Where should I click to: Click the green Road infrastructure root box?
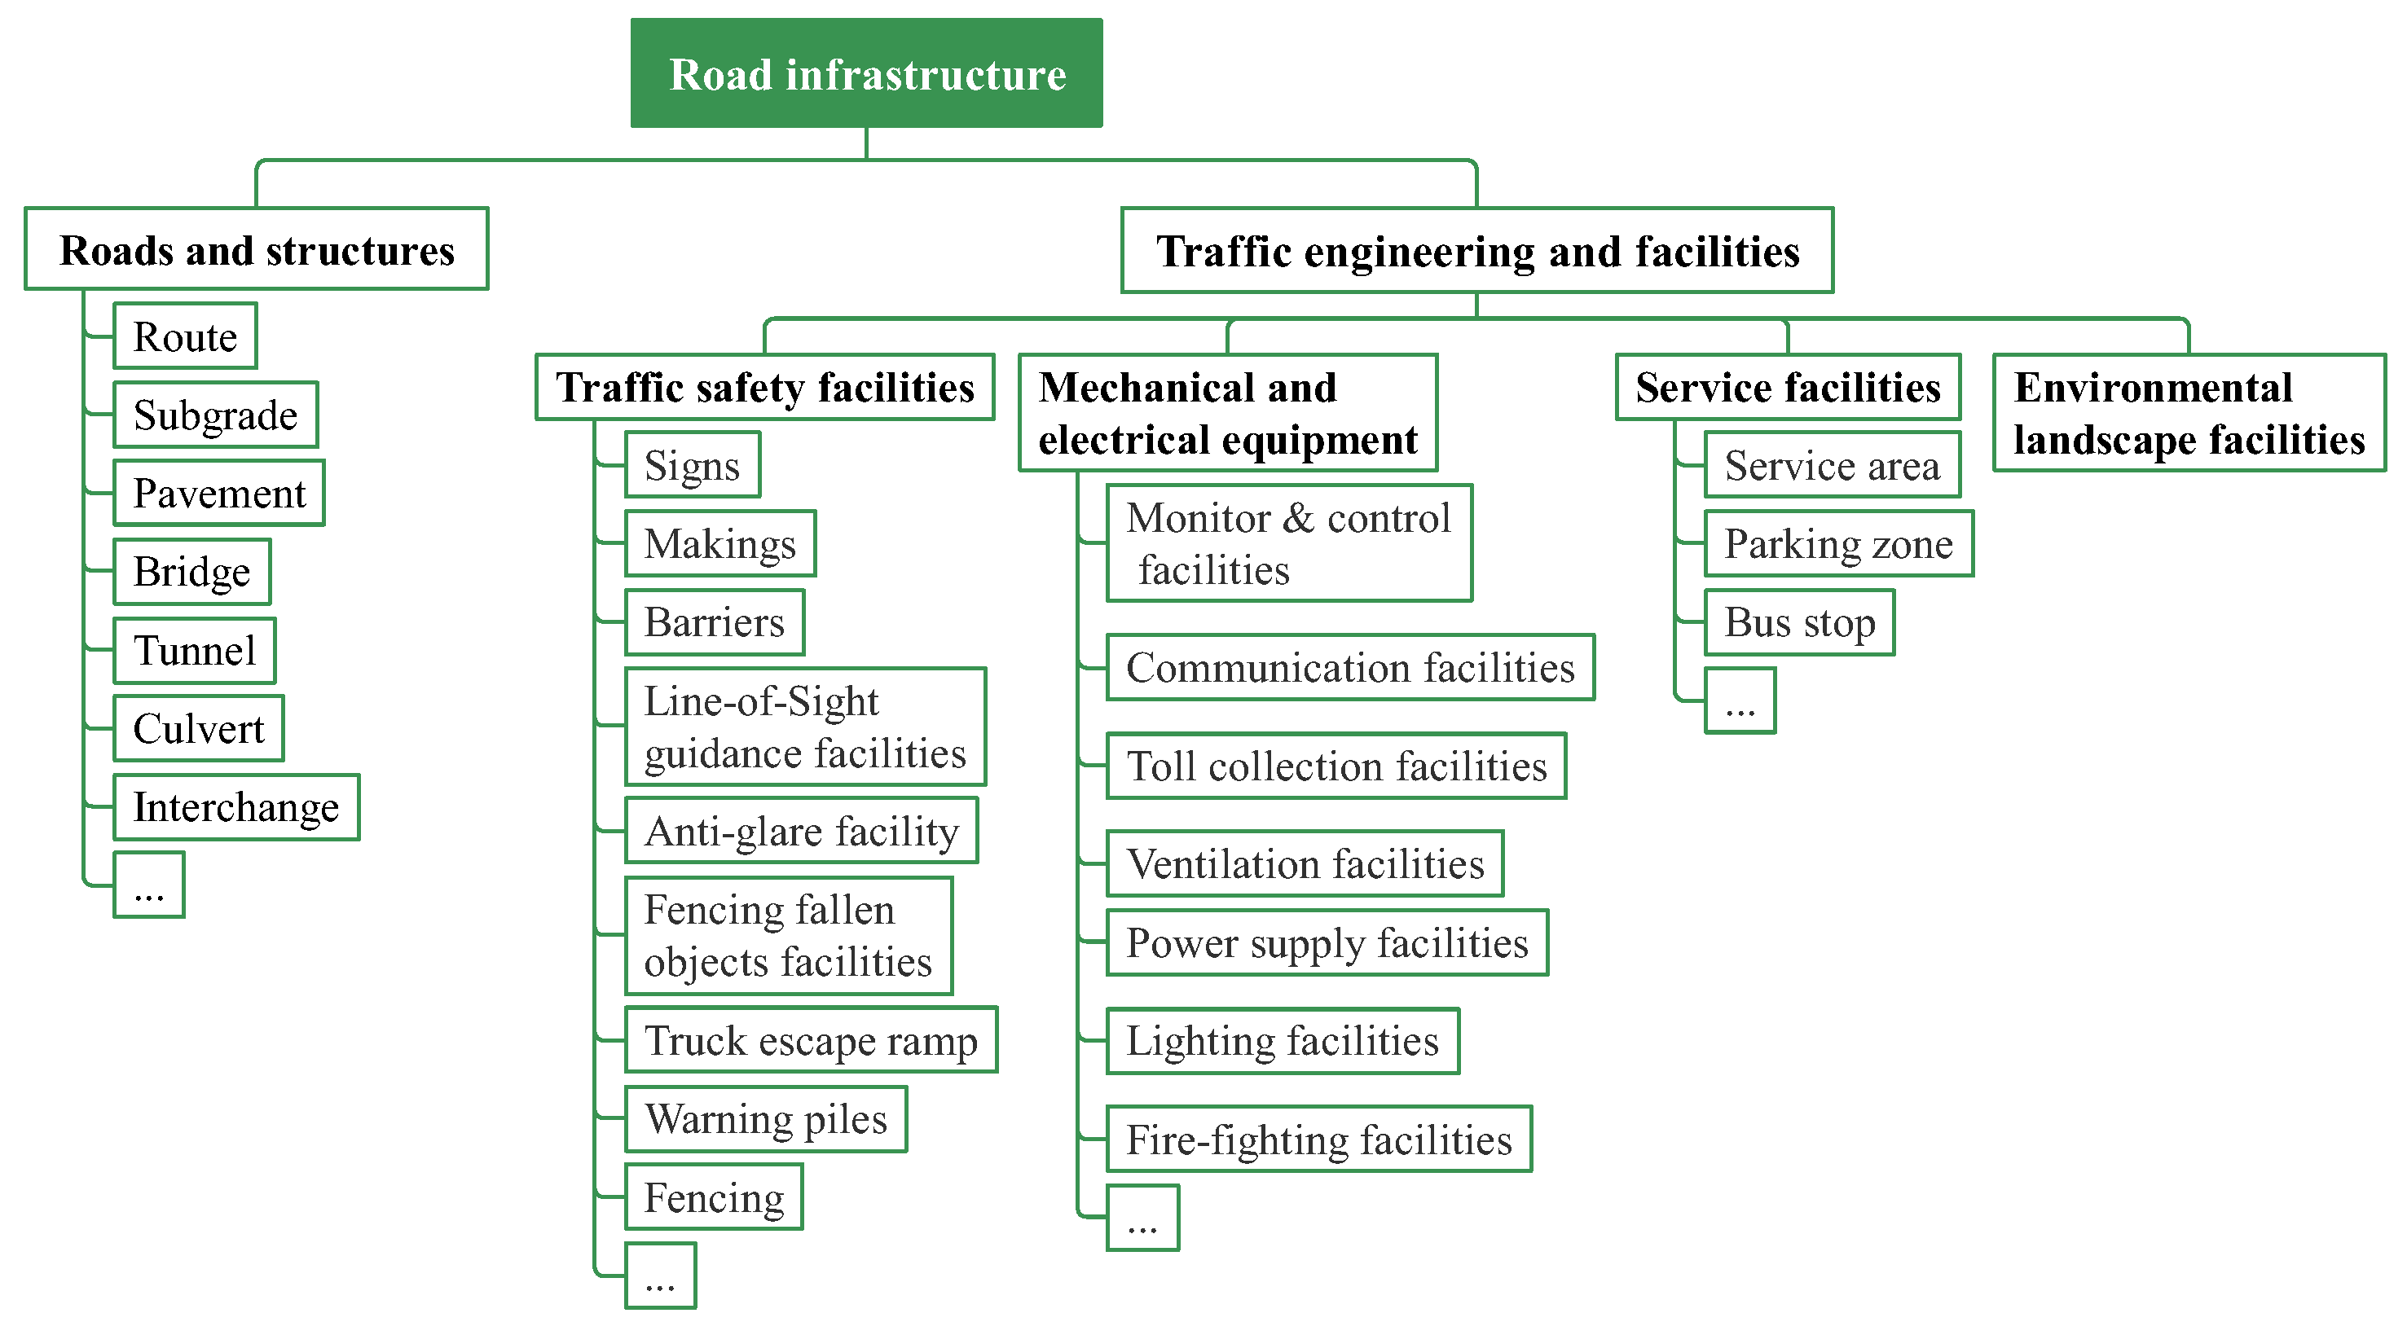(866, 72)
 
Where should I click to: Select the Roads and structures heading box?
(256, 249)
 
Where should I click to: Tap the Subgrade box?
(215, 415)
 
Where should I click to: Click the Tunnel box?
(195, 650)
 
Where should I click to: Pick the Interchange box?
(235, 807)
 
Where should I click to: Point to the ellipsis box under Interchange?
(148, 885)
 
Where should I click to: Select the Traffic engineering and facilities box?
(1476, 250)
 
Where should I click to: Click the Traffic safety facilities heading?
(764, 387)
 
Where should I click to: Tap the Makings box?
(719, 544)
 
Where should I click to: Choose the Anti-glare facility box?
(801, 831)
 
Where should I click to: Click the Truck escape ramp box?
(810, 1040)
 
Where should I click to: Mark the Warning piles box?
(765, 1118)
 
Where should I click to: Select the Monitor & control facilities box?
(1288, 542)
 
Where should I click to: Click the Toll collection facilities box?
(1336, 766)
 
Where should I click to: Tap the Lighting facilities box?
(1282, 1041)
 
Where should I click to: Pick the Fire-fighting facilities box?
(1318, 1139)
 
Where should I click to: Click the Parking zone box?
(1838, 544)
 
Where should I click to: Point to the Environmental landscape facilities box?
(2188, 413)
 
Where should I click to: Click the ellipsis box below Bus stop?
(1739, 700)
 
